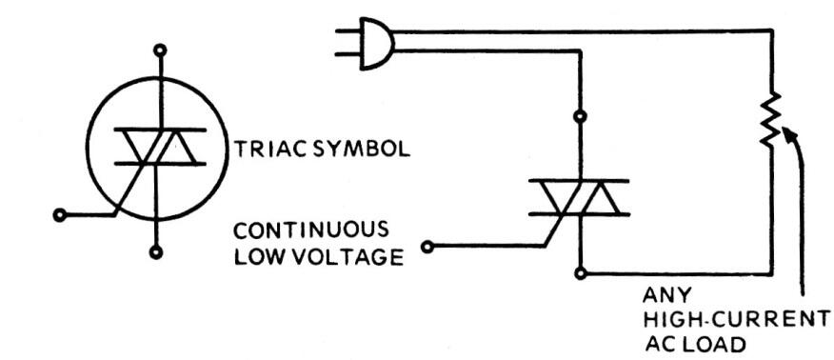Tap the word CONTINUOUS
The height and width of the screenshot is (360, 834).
(311, 231)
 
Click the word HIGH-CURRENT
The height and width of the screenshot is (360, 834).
(728, 317)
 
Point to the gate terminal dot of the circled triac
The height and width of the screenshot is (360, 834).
(61, 214)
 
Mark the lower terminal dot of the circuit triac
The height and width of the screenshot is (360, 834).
(580, 273)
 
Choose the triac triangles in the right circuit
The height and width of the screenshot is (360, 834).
(578, 197)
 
